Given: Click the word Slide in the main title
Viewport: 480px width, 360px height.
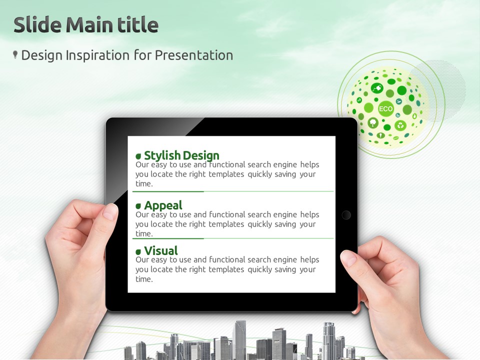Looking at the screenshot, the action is [37, 24].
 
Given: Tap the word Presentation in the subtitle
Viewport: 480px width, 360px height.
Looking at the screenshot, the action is [194, 55].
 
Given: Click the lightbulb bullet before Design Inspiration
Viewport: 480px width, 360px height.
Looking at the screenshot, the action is [15, 55].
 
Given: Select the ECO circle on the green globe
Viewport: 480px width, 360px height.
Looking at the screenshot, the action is [385, 109].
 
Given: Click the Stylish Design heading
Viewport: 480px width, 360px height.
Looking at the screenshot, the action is [181, 155].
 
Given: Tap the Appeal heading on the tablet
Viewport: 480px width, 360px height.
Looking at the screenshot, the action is [163, 205].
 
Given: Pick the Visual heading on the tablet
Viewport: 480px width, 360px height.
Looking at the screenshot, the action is [161, 250].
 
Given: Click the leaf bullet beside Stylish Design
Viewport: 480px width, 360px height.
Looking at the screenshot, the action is [138, 156].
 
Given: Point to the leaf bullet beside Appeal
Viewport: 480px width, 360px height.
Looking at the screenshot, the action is [138, 206].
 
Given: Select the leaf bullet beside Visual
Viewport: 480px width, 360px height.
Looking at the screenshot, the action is [138, 252].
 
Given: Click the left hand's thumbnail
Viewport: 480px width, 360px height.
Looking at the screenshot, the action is [110, 211].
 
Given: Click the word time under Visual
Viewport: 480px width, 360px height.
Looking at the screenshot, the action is [143, 279].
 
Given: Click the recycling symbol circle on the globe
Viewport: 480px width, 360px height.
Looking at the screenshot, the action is [400, 125].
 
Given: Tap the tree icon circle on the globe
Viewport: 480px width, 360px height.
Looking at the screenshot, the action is [373, 123].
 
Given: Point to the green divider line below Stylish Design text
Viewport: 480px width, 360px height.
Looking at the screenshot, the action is [233, 191].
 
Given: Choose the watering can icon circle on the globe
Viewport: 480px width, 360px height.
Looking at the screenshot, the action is [377, 88].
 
